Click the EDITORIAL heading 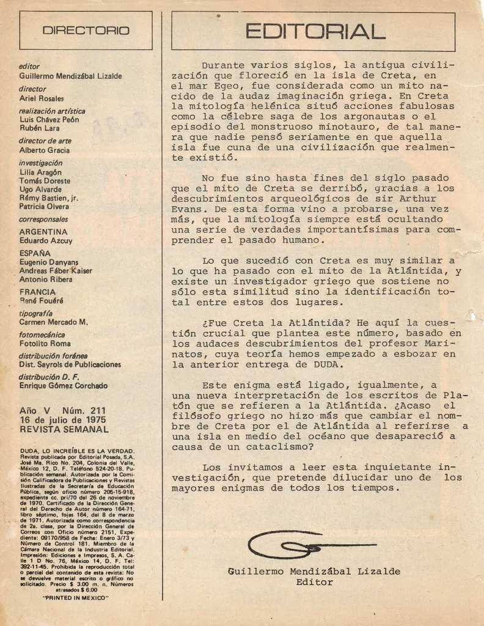tap(315, 31)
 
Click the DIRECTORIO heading tap(86, 31)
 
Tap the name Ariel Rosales tap(42, 98)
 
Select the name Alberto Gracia tap(45, 150)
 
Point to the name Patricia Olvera tap(45, 207)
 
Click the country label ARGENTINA tap(43, 232)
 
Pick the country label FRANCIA tap(38, 292)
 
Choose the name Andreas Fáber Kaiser tap(55, 270)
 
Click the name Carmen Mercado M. tap(54, 322)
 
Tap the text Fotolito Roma tap(45, 344)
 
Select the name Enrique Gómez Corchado tap(64, 386)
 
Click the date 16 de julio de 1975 tap(62, 420)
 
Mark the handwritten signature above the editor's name tap(306, 543)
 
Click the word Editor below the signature tap(314, 582)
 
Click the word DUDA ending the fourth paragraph tap(329, 364)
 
